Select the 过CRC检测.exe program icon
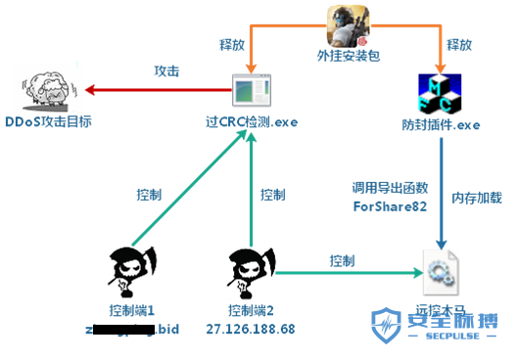pyautogui.click(x=252, y=93)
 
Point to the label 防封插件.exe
pyautogui.click(x=443, y=124)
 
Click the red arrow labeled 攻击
pyautogui.click(x=157, y=91)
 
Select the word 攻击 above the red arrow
pyautogui.click(x=166, y=71)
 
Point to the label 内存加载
pyautogui.click(x=477, y=198)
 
